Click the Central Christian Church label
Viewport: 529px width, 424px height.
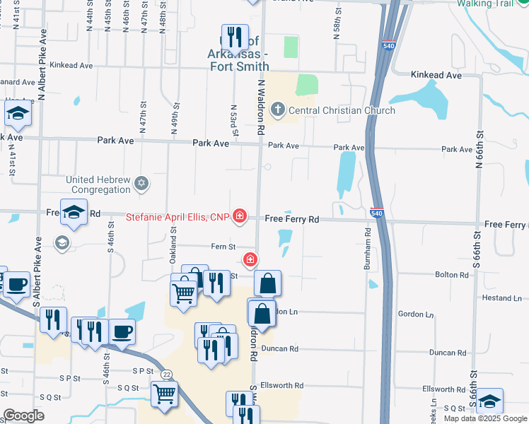(341, 110)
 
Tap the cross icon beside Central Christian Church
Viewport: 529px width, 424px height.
(278, 110)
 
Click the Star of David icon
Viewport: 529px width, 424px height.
(141, 184)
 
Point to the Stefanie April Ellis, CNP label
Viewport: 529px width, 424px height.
(178, 217)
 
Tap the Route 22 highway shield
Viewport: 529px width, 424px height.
(166, 373)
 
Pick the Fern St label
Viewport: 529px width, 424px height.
(222, 247)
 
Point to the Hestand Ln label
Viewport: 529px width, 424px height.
(501, 298)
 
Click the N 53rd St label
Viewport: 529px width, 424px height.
(233, 121)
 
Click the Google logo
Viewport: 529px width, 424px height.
(23, 416)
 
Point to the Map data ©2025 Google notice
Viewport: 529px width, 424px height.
(485, 418)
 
